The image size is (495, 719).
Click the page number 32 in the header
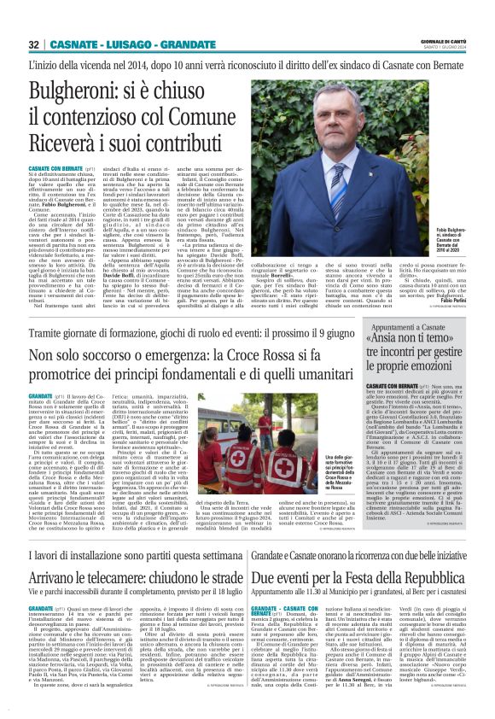[x=35, y=44]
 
